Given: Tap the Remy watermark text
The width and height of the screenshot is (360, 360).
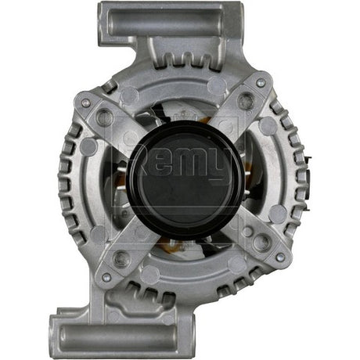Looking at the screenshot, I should click(x=181, y=164).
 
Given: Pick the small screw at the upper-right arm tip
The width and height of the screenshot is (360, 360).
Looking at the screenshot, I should click(x=260, y=81).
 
